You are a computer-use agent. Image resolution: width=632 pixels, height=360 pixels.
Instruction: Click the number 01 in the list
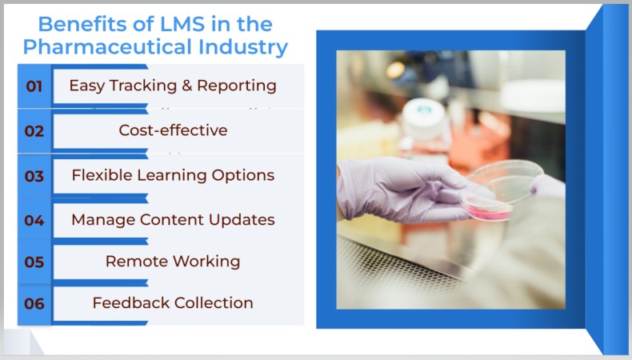(34, 86)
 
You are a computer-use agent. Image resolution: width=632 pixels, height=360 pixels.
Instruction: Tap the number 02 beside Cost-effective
(34, 131)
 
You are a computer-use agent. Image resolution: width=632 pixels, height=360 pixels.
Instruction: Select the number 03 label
(34, 176)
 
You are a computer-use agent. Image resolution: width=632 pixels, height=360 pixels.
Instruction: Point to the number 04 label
(34, 221)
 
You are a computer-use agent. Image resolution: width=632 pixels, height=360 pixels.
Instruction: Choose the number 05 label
(34, 262)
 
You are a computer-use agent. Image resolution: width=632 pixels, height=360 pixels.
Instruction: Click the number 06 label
(34, 303)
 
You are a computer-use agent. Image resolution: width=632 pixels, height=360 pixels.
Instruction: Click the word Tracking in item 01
(143, 86)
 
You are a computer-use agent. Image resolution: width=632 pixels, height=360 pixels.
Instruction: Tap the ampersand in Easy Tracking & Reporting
(186, 86)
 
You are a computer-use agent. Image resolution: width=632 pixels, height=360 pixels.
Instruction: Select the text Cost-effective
(173, 130)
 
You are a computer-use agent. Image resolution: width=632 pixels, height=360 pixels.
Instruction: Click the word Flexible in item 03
(102, 175)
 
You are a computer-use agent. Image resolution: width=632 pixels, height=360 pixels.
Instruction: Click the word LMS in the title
(182, 24)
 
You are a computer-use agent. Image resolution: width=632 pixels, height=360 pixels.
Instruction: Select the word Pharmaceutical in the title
(108, 46)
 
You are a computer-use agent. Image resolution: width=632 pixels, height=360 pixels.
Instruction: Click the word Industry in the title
(243, 47)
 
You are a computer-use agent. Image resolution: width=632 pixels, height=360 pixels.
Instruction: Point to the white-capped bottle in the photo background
(423, 120)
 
